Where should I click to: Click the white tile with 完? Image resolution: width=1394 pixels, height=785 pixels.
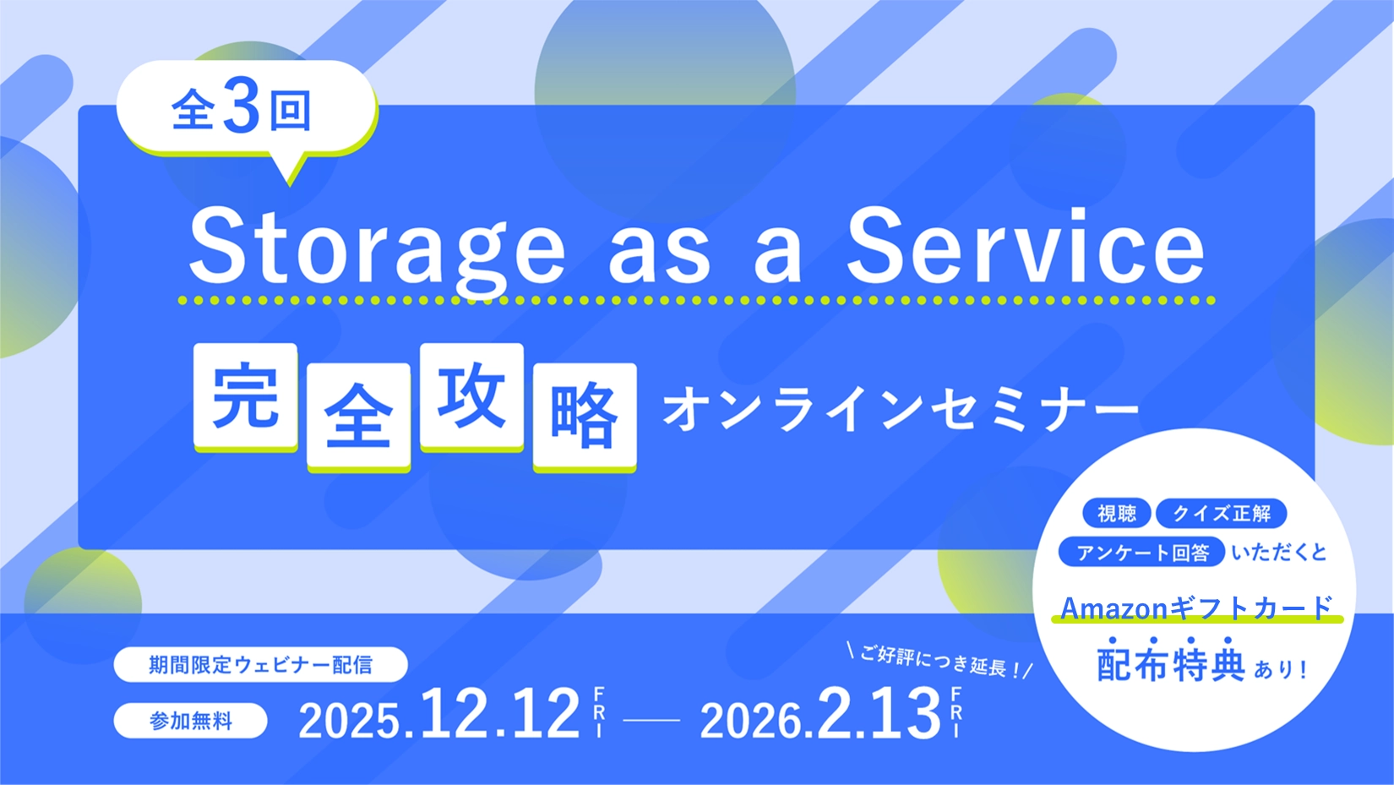coord(245,395)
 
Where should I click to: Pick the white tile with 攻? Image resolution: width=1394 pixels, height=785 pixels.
coord(471,395)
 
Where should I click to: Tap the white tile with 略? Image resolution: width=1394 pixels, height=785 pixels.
coord(585,415)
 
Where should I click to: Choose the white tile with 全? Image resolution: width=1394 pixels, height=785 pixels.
coord(358,416)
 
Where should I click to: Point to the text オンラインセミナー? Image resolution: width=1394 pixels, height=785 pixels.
coord(901,410)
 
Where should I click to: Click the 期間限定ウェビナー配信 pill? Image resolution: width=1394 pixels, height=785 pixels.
coord(260,665)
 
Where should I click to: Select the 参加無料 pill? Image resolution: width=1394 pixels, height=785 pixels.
coord(191,721)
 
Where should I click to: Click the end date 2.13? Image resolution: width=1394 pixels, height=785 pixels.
coord(879,715)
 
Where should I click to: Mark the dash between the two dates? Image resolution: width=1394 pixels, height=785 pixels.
coord(651,721)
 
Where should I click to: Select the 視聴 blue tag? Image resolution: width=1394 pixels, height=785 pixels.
coord(1116,513)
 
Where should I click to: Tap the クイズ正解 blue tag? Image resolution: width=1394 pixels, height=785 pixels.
coord(1221,513)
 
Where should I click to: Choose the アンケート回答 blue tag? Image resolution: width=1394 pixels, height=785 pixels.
coord(1141,553)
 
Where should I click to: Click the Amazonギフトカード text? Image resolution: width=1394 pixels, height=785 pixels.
coord(1196,608)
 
